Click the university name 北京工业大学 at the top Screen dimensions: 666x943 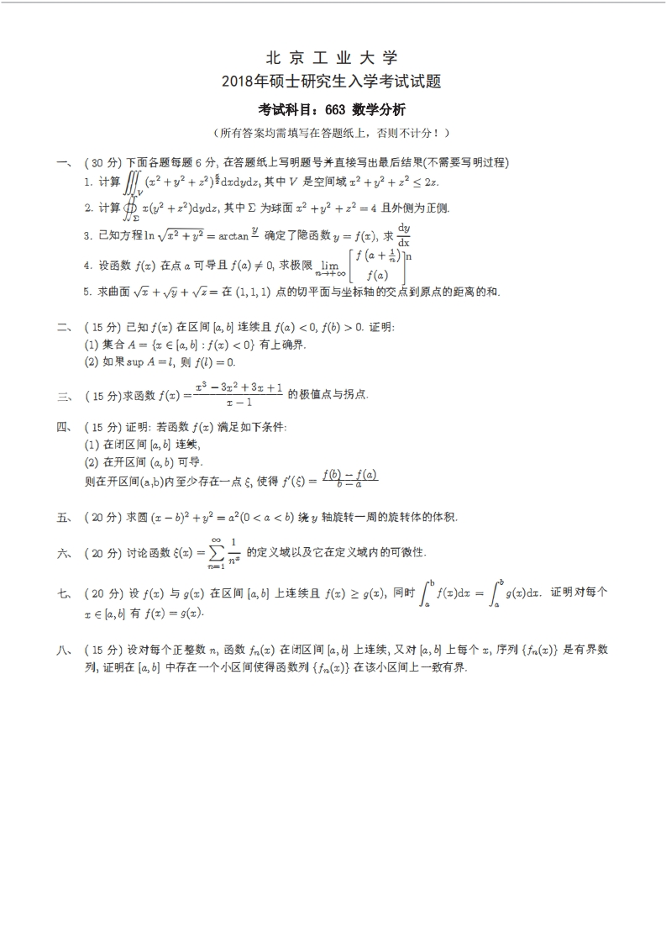(332, 58)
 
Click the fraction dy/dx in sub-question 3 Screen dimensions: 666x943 (404, 234)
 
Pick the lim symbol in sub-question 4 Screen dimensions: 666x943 (325, 266)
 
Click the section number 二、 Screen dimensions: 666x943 (63, 327)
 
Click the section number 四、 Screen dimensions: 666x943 (63, 427)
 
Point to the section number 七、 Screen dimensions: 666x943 (63, 593)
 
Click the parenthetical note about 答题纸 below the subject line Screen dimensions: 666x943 (332, 133)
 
